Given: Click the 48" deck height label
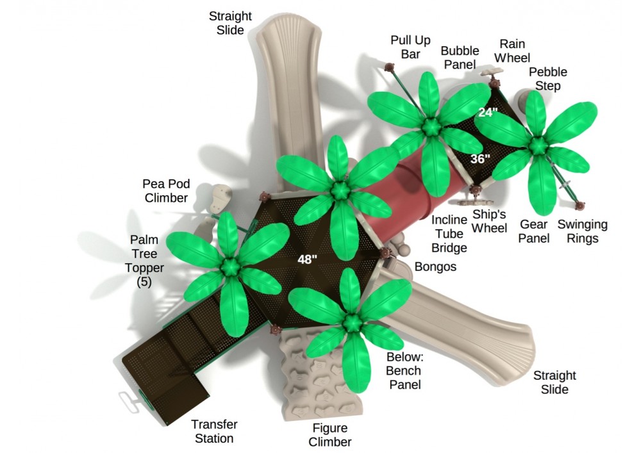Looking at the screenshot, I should coord(308,259).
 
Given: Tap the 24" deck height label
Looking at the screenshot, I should coord(488,112).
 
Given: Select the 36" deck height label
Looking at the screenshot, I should coord(480,159).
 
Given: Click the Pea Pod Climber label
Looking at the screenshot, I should coord(166,191).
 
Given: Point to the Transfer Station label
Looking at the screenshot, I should coord(214,431).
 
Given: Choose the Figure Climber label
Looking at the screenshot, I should coord(330,435).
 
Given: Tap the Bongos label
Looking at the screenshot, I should coord(435,266).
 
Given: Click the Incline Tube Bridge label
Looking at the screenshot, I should coord(449,233).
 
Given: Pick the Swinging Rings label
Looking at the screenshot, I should coord(582,231).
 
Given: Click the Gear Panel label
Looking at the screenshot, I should coord(534,231).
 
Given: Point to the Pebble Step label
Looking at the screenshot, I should coord(548,79).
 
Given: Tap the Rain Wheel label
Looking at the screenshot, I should coord(513,51).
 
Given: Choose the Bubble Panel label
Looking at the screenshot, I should coord(458,58).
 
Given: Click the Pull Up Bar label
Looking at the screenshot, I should coord(410,47).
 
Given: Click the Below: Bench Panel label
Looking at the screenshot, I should coord(404,370).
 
